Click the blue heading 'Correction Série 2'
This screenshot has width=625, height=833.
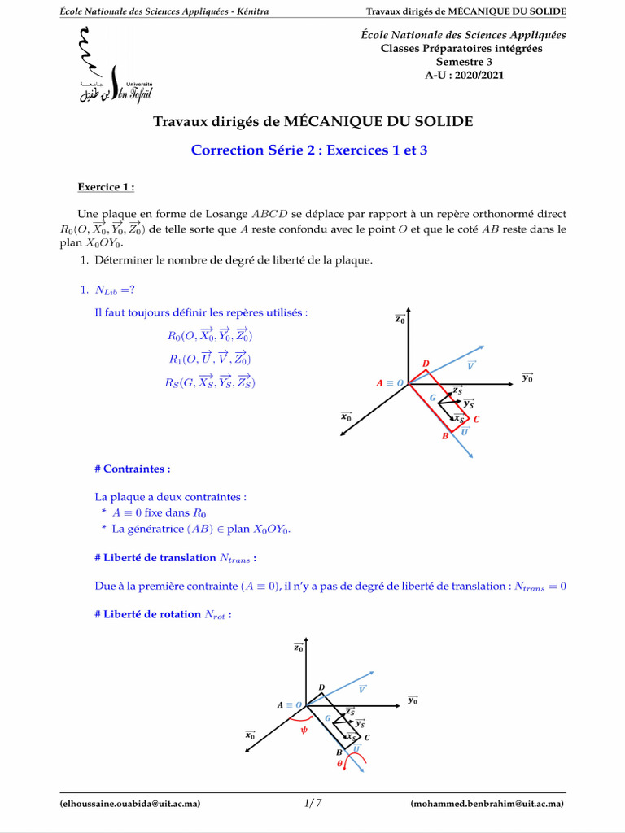point(308,150)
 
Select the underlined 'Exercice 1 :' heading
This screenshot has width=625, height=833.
point(106,187)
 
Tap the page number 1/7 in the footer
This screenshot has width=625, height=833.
point(312,804)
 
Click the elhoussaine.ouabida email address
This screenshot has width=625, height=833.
point(130,804)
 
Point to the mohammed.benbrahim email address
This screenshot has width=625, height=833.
point(487,804)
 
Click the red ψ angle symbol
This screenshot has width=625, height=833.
point(304,730)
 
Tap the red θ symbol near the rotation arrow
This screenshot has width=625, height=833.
point(340,764)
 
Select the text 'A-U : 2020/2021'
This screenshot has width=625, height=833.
point(464,74)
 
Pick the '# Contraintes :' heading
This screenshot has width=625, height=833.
point(133,469)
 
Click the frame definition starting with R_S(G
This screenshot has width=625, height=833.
point(210,382)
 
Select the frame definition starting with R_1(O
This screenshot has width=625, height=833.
point(209,359)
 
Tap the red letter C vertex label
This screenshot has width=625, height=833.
point(476,420)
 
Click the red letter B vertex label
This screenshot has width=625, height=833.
point(445,436)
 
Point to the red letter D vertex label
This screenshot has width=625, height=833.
point(426,363)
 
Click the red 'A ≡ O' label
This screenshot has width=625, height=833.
point(390,383)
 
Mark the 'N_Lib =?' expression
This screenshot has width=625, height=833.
point(114,290)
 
